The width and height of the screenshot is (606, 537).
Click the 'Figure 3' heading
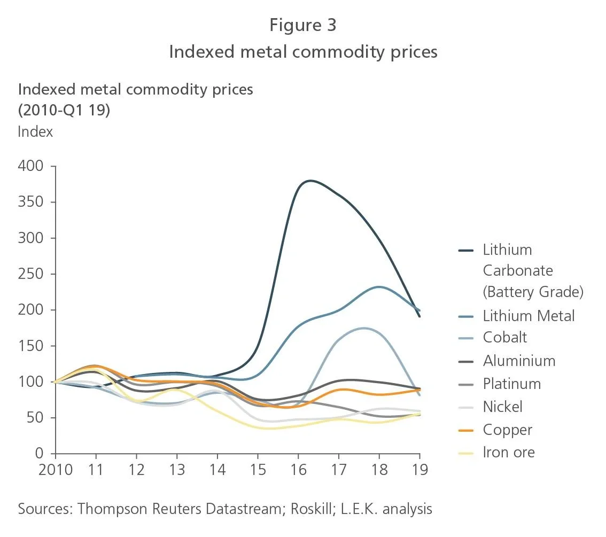[x=302, y=25]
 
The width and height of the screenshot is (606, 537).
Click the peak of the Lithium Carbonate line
[x=310, y=181]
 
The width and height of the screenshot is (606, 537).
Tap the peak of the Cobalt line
[x=364, y=328]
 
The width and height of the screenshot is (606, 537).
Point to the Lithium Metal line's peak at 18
[x=378, y=287]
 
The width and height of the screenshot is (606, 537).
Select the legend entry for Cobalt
[x=504, y=337]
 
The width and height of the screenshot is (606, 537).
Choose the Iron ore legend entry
[x=508, y=453]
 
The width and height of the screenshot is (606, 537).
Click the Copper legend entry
[x=508, y=430]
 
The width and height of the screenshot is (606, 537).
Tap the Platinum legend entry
[x=511, y=384]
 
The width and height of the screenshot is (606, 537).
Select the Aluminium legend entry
[x=519, y=361]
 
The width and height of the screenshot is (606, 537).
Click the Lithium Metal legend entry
[x=529, y=315]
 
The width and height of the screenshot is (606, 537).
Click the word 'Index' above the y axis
[x=35, y=131]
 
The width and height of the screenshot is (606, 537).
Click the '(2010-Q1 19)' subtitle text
[x=64, y=111]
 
